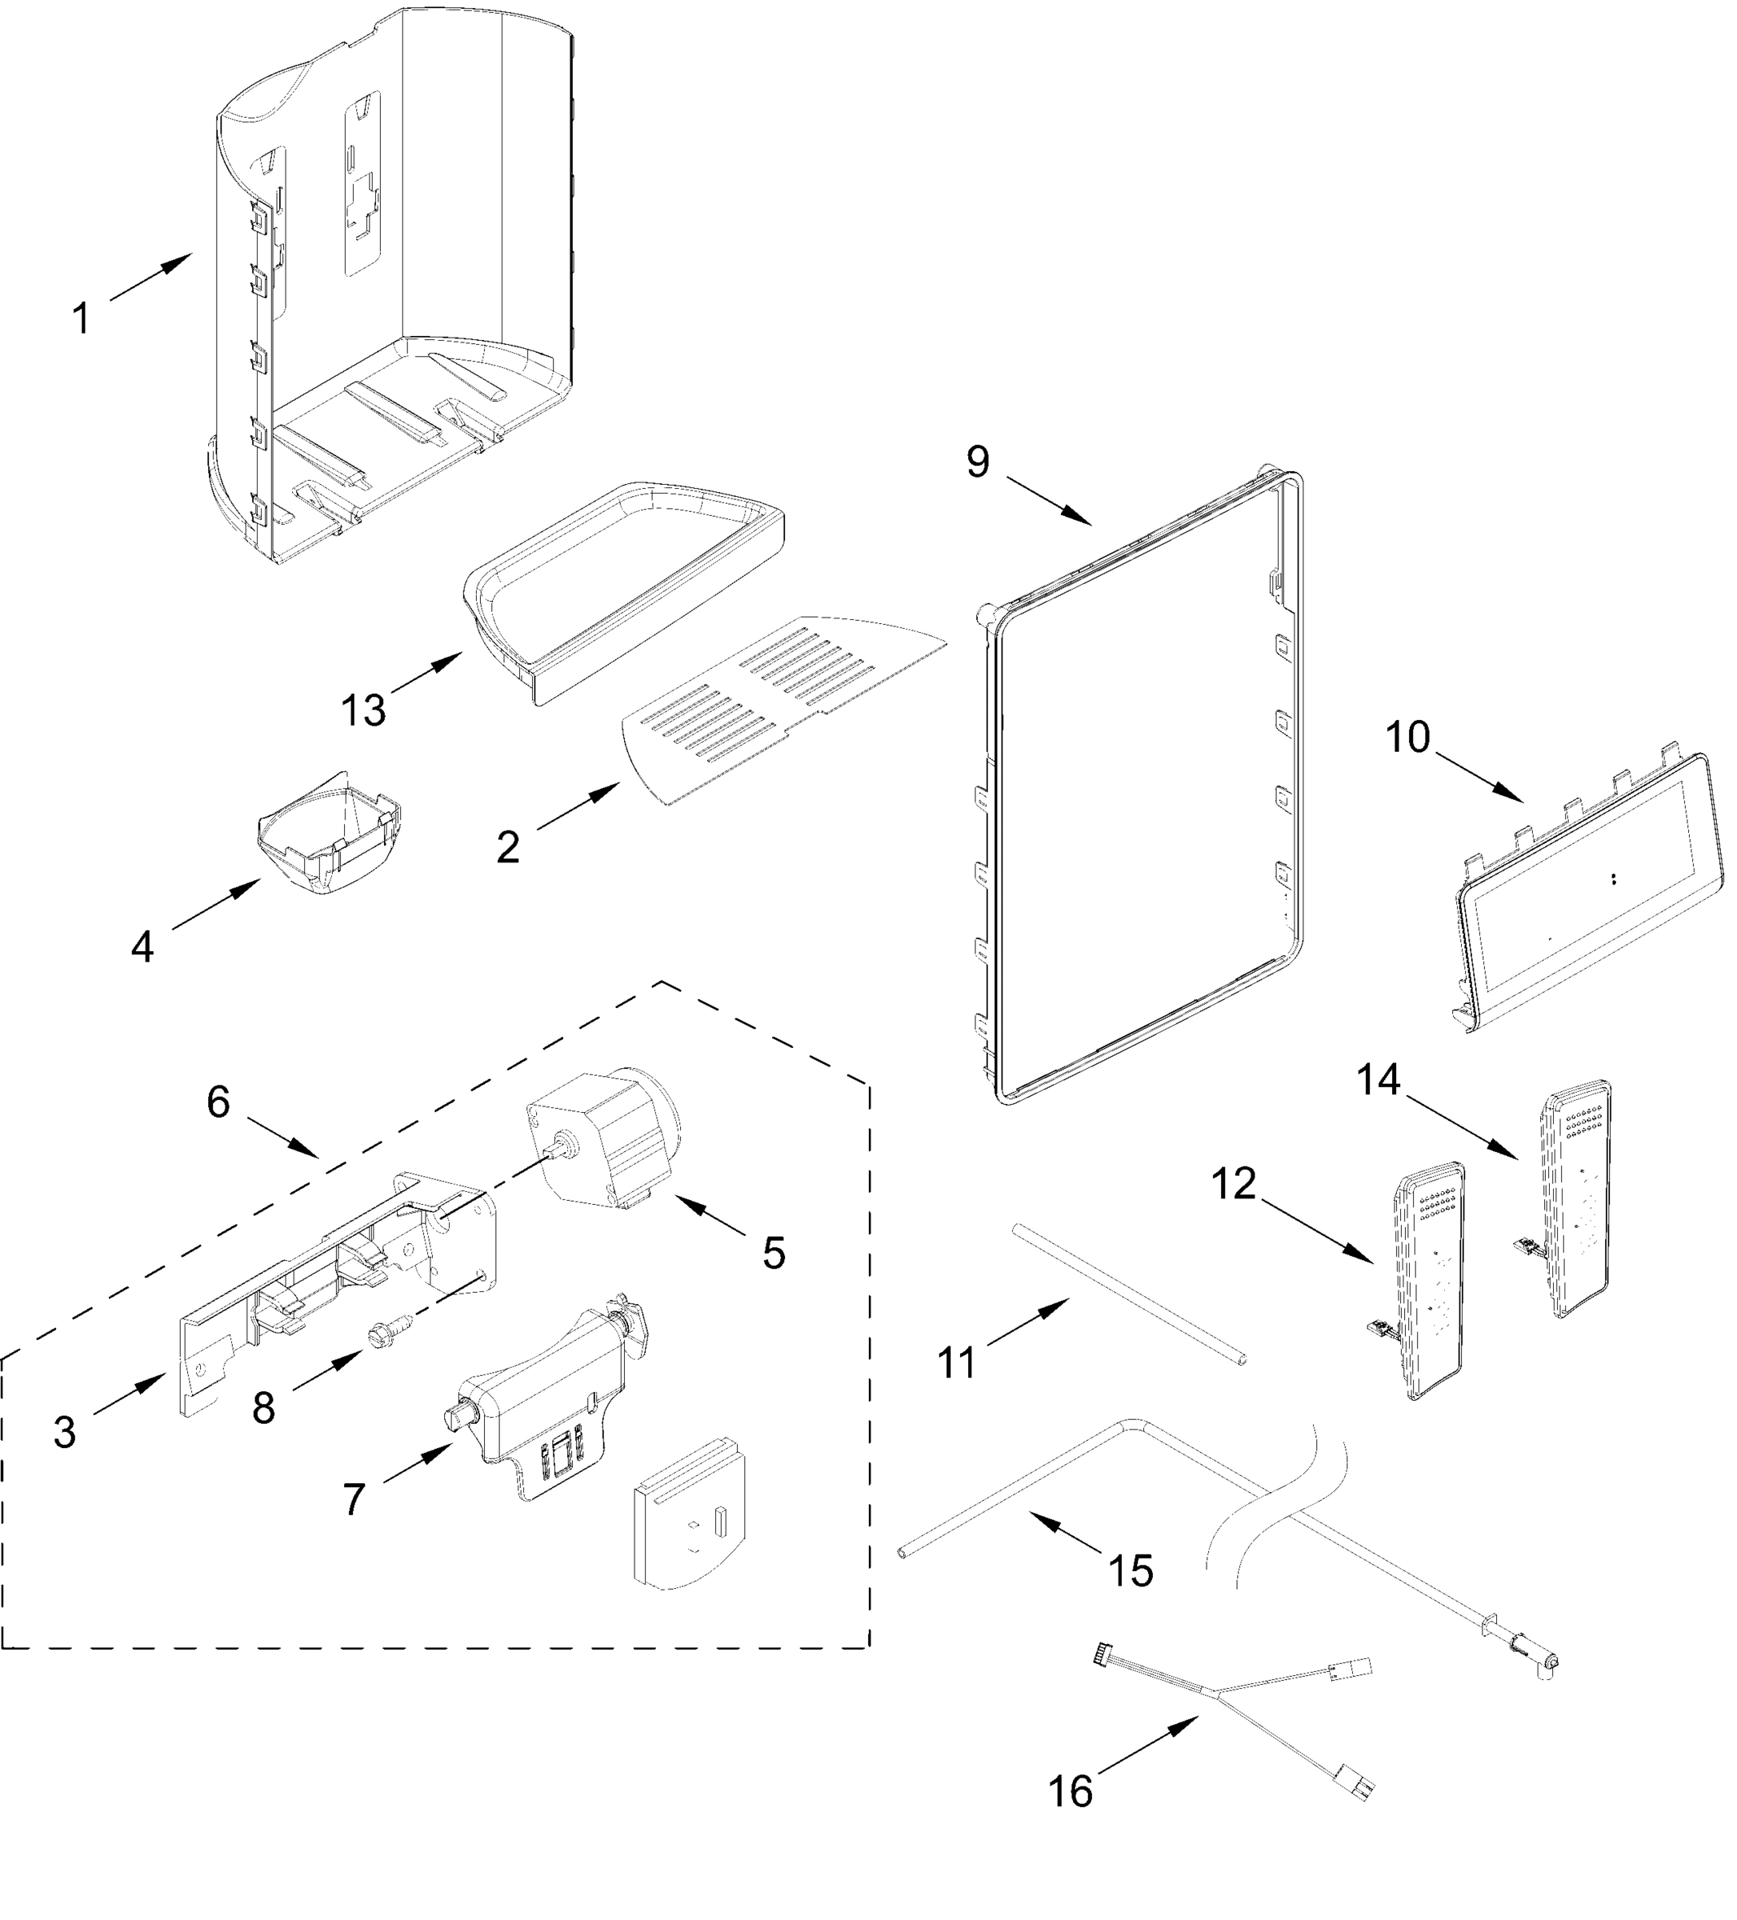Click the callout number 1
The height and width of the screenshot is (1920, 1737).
click(x=82, y=318)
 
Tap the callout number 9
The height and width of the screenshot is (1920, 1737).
click(x=977, y=461)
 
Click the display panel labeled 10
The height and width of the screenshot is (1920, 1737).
click(x=1586, y=895)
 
